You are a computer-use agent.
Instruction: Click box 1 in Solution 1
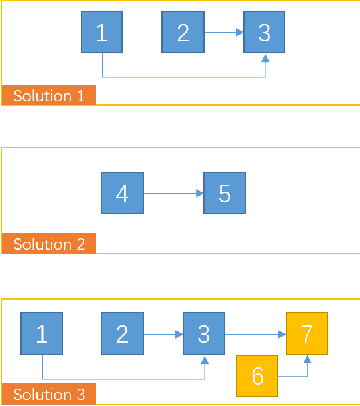[x=102, y=33]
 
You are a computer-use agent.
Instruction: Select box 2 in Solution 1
[x=183, y=33]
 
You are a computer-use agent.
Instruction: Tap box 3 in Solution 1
[x=264, y=33]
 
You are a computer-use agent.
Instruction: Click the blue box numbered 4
[x=122, y=193]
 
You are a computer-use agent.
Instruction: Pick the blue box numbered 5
[x=224, y=193]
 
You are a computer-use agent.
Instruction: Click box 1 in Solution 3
[x=42, y=333]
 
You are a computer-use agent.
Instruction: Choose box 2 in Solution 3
[x=122, y=333]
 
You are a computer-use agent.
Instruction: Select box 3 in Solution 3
[x=203, y=333]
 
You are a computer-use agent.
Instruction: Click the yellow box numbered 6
[x=257, y=377]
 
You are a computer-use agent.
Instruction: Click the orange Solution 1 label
[x=49, y=96]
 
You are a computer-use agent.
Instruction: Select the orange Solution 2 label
[x=49, y=244]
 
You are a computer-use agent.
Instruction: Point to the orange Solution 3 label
[x=49, y=394]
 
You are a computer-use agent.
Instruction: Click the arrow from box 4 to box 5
[x=173, y=194]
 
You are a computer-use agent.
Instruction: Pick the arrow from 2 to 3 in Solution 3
[x=162, y=334]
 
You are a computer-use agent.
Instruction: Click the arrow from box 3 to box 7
[x=255, y=334]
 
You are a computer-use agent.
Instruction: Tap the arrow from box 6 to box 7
[x=298, y=377]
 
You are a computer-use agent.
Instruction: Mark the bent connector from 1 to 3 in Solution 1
[x=184, y=77]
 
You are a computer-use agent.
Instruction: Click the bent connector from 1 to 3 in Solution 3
[x=123, y=378]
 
